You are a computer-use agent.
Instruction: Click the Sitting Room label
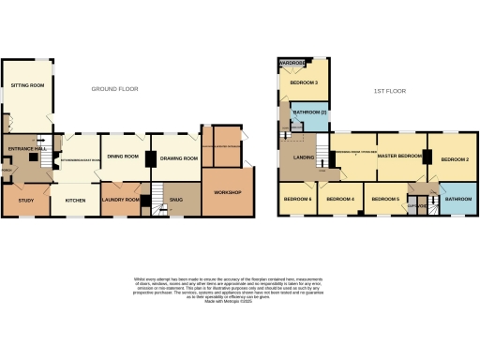click(x=28, y=84)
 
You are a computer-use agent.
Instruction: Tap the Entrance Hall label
click(x=28, y=149)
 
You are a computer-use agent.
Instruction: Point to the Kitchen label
click(x=76, y=200)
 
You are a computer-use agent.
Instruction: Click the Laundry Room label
click(x=121, y=200)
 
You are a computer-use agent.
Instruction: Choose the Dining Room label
click(x=123, y=157)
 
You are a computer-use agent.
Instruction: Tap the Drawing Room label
click(x=179, y=158)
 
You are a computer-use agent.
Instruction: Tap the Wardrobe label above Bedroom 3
click(x=292, y=65)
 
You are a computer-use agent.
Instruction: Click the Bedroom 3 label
click(x=304, y=83)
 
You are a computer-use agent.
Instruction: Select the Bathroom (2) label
click(x=309, y=113)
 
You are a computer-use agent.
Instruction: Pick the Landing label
click(x=303, y=157)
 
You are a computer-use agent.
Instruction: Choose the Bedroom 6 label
click(x=297, y=200)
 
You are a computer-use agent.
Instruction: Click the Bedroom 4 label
click(x=339, y=200)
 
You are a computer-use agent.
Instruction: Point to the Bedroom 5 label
click(x=385, y=200)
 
